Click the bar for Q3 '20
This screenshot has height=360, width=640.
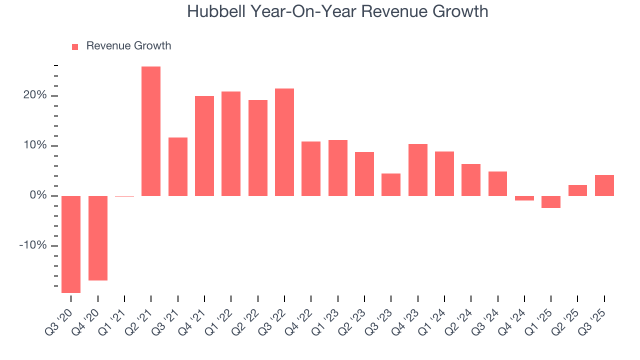point(71,244)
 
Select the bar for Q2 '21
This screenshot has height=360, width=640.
point(151,131)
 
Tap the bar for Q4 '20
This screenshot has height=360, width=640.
point(98,238)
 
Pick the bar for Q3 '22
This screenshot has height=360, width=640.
point(284,142)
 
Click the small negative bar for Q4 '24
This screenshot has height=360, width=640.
point(524,198)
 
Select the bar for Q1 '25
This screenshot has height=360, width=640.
point(551,201)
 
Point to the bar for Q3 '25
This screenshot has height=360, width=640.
point(604,185)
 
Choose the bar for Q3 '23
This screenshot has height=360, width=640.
point(391,184)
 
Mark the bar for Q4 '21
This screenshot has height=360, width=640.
point(204,146)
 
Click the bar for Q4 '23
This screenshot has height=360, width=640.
point(418,170)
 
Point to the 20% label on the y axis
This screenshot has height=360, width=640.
point(34,95)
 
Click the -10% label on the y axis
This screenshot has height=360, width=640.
point(33,245)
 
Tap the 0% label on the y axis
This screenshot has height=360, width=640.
point(37,195)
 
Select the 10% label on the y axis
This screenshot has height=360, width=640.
point(34,145)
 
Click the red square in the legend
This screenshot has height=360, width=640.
point(75,46)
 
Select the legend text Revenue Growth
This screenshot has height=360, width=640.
point(128,46)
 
